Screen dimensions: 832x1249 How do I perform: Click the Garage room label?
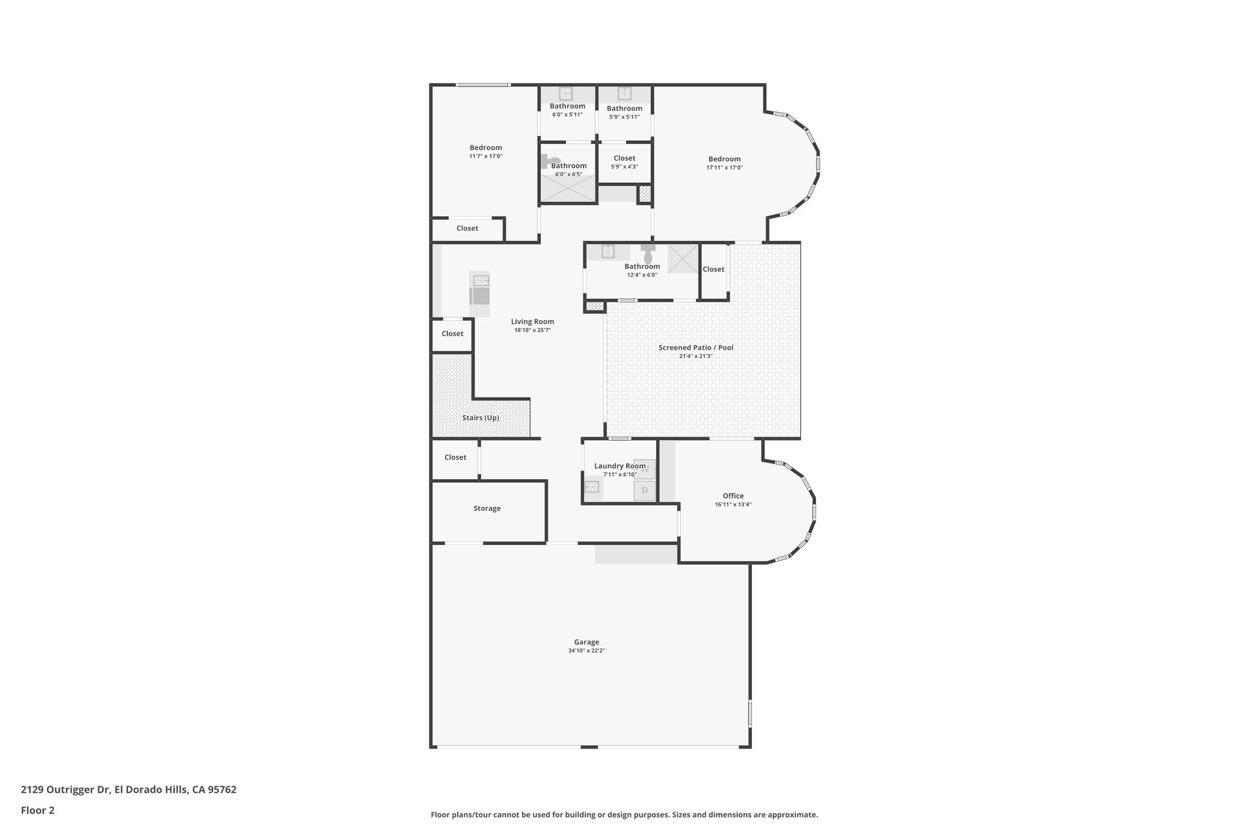[586, 642]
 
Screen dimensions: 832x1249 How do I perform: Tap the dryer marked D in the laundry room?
[645, 490]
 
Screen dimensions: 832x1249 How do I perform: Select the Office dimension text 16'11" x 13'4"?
[733, 504]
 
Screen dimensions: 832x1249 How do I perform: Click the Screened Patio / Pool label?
[696, 347]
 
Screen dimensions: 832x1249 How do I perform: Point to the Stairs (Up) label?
[481, 418]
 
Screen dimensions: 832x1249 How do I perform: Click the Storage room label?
[487, 508]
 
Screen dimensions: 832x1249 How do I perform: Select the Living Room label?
[532, 321]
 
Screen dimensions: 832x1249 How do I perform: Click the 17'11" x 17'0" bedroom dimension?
[725, 167]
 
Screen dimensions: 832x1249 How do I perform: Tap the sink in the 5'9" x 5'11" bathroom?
[624, 94]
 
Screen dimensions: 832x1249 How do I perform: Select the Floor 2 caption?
[38, 810]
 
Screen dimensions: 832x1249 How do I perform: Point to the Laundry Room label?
[620, 466]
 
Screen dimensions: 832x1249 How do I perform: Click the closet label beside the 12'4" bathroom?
[713, 269]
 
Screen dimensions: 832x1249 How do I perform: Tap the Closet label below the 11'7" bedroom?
[467, 228]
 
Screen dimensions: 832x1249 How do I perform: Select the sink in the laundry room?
[592, 487]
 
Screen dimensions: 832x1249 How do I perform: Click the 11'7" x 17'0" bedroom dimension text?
[485, 156]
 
